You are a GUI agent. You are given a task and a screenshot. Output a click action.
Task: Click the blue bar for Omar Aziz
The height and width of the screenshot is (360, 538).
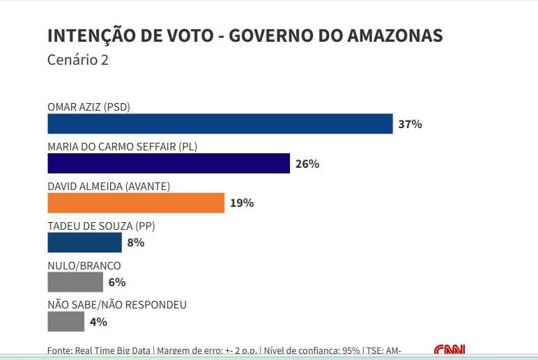[x=220, y=123]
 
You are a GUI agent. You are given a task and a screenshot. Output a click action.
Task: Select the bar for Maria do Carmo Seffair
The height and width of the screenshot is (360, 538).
[x=168, y=163]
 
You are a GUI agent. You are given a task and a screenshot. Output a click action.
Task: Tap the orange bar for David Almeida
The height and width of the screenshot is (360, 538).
[x=136, y=203]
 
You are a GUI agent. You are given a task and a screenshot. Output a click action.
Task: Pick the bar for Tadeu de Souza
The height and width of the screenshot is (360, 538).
[x=84, y=242]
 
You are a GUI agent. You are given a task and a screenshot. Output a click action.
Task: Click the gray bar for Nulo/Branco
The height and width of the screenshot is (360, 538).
[x=75, y=282]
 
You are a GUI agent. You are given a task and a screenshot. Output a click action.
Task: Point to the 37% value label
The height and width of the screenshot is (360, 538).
[x=410, y=124]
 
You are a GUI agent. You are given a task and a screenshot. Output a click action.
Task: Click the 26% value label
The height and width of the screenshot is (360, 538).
[x=307, y=164]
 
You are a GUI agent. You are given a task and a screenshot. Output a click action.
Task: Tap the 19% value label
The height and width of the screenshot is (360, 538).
[x=241, y=203]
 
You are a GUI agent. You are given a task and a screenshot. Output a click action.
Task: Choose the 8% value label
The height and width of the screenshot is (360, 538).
[x=135, y=243]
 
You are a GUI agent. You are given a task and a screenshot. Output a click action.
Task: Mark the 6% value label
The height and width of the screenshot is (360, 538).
[x=116, y=282]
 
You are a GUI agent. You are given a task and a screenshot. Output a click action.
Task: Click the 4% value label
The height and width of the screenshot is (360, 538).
[x=98, y=322]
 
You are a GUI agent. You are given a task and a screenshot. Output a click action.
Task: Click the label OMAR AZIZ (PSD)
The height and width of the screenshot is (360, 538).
[x=89, y=107]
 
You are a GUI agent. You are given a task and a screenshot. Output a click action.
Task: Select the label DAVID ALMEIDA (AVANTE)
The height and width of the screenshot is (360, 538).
[x=109, y=186]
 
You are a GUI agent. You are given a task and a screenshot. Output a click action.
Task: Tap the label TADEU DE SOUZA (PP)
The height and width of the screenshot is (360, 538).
[x=100, y=226]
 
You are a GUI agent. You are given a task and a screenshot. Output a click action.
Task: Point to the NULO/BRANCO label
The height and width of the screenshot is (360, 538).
[x=84, y=265]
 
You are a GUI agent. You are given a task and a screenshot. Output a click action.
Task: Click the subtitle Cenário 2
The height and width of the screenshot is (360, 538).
[x=77, y=60]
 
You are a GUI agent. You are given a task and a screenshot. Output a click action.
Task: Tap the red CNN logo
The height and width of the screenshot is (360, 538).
[x=449, y=350]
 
